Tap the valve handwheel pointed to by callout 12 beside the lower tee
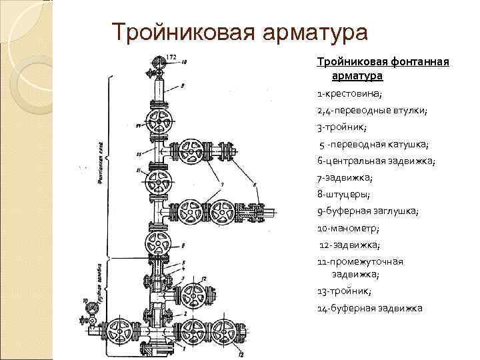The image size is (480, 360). [x=194, y=294]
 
